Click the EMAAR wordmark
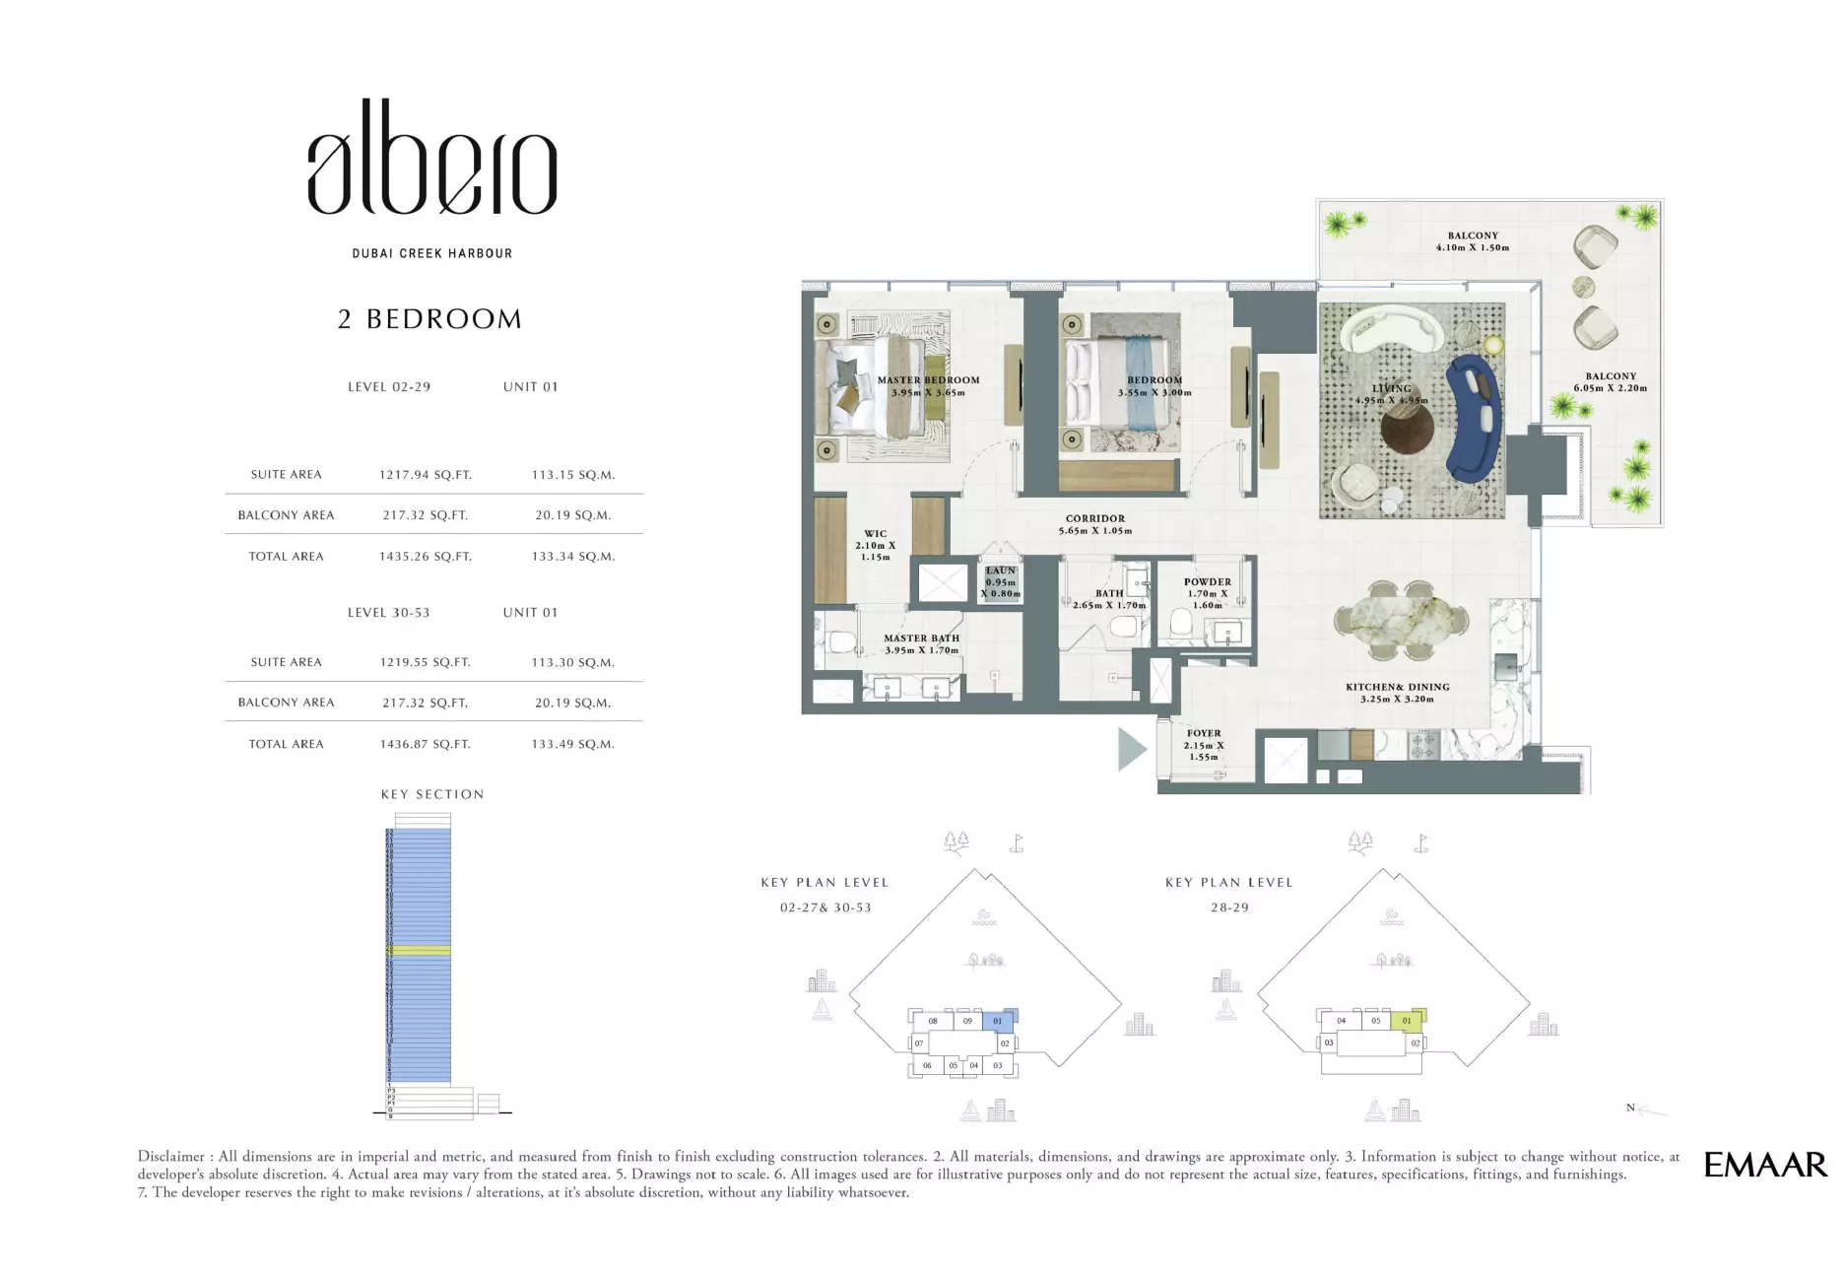1764,1165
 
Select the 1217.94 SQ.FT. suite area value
425,475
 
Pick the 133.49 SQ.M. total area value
572,745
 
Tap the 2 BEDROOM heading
429,319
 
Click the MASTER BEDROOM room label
928,380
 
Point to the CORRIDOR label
1094,518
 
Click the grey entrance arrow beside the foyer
1132,750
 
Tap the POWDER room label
1207,582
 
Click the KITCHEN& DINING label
1397,688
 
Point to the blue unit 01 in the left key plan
998,1021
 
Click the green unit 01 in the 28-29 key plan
1407,1021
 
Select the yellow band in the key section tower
418,951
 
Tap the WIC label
875,534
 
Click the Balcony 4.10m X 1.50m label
1472,241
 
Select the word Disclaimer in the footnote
170,1157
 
